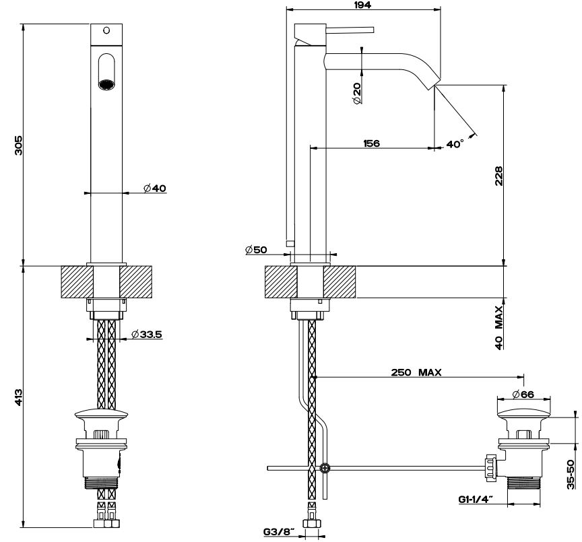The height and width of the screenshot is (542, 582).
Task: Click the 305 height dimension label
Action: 19,145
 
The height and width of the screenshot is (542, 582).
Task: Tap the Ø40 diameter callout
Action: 155,188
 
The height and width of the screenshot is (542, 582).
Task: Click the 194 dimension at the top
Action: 364,5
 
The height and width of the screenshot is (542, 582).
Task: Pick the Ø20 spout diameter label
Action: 356,93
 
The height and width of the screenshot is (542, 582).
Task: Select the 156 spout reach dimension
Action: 370,143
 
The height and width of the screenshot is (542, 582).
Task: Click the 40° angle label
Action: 455,144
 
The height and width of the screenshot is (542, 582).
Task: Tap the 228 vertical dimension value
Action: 499,176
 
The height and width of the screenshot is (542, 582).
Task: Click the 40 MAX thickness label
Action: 499,327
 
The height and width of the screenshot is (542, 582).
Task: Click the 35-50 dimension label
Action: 571,475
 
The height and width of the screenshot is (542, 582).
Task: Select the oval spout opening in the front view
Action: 107,71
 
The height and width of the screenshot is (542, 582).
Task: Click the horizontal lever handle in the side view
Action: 350,29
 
